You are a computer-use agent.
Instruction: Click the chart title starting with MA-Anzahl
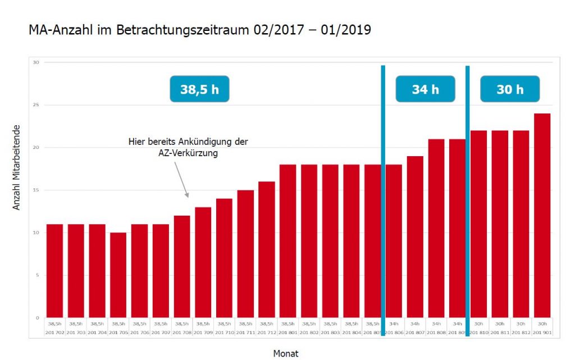point(199,30)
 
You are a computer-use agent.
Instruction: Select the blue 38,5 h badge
point(199,89)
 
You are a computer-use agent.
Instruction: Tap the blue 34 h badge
point(425,89)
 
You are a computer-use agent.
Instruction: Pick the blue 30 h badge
point(510,89)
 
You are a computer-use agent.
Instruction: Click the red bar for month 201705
point(118,275)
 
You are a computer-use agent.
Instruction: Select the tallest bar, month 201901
point(542,216)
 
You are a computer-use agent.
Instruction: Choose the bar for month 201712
point(267,250)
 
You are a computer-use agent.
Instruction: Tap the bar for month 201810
point(478,225)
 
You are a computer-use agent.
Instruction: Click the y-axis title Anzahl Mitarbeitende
point(16,167)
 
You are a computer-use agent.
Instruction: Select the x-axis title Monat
point(286,353)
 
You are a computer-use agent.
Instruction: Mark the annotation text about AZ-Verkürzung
point(188,147)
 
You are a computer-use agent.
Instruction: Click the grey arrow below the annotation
point(181,179)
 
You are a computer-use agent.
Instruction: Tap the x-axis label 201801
point(288,332)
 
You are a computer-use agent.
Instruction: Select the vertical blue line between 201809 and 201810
point(467,191)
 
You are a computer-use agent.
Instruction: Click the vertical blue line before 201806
point(383,191)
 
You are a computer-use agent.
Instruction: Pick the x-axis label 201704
point(97,332)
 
